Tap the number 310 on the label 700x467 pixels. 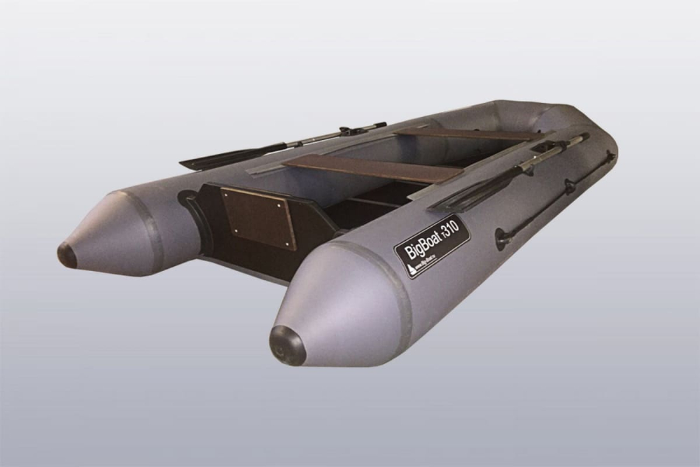(x=455, y=228)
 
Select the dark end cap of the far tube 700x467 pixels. (x=67, y=255)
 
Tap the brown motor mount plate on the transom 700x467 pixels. (x=258, y=218)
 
